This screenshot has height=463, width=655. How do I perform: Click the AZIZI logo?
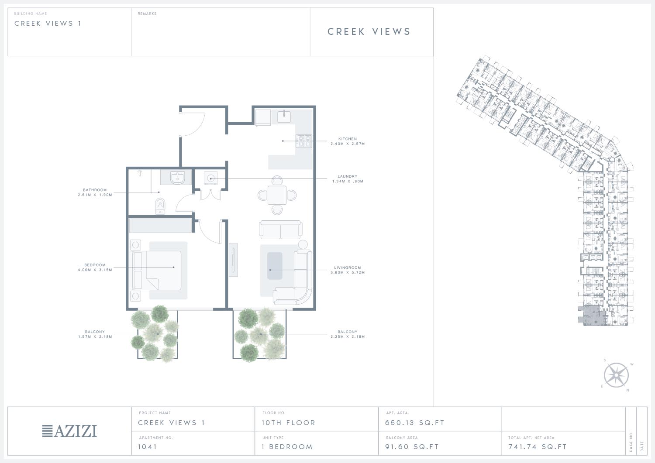(69, 431)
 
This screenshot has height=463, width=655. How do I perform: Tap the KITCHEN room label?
(348, 139)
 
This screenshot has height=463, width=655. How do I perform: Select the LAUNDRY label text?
(348, 176)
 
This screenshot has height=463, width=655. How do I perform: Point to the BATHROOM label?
(95, 190)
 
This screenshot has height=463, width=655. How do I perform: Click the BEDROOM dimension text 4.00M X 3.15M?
(95, 270)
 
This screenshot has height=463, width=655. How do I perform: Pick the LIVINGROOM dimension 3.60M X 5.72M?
(348, 272)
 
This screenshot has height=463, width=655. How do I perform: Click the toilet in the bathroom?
(160, 206)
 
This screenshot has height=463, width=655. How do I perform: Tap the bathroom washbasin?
(177, 178)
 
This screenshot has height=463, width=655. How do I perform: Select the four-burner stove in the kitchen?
(304, 141)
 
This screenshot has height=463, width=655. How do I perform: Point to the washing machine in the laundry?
(210, 178)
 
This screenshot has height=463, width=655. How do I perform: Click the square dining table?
(277, 195)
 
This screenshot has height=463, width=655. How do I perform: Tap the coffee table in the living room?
(275, 266)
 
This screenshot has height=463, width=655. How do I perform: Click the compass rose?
(616, 375)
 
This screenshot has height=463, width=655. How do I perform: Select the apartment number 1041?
(148, 446)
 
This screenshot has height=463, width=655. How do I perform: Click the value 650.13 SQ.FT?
(415, 423)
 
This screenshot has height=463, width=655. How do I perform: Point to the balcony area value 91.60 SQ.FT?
(412, 446)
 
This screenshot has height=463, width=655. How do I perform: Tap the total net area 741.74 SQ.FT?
(538, 446)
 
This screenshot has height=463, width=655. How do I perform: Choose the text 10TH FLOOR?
(288, 423)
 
